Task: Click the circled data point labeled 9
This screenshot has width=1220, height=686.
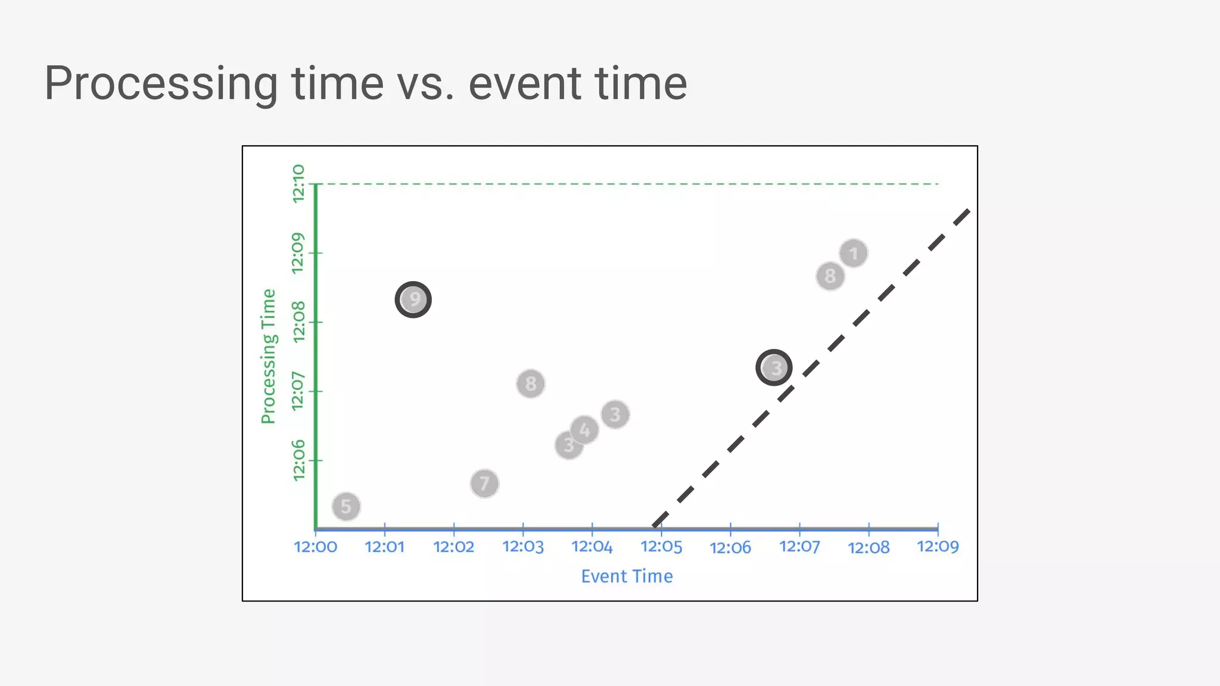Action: [413, 300]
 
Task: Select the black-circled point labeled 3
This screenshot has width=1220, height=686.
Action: [774, 368]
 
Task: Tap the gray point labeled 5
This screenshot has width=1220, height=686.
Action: [346, 507]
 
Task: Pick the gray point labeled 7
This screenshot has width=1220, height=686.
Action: [484, 483]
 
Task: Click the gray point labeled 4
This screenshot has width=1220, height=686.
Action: [585, 429]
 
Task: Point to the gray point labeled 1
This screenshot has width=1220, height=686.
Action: [854, 254]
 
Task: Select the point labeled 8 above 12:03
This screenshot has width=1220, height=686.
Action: [531, 383]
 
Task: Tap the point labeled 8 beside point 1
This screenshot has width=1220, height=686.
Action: [830, 276]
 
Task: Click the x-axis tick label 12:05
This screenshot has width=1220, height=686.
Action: [661, 547]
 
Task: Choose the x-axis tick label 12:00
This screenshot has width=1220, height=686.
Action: [316, 547]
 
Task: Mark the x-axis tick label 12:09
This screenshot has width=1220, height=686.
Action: [938, 547]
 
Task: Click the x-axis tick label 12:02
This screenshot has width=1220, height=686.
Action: [454, 547]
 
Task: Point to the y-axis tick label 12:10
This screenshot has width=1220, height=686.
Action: [298, 183]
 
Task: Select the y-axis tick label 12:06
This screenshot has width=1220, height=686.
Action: [298, 460]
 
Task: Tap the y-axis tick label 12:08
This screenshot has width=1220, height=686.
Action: [298, 322]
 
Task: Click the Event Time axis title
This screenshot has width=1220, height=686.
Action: [627, 576]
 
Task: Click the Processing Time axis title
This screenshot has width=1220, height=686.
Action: [269, 356]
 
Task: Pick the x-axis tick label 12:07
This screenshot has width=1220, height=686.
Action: [799, 547]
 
